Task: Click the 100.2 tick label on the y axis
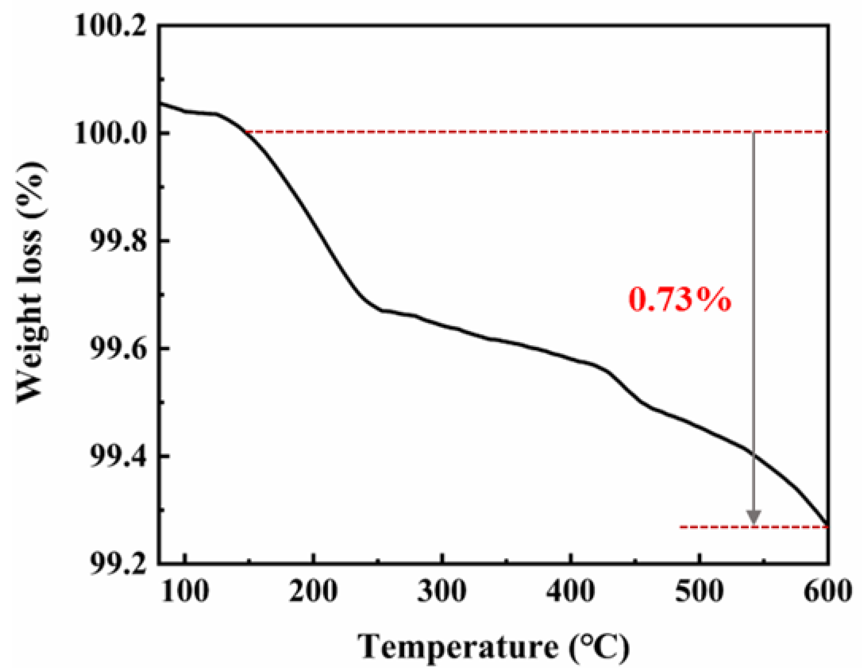[x=110, y=27]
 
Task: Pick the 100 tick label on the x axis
[x=185, y=591]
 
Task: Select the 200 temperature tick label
[x=313, y=591]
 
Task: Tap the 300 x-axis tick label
[x=442, y=591]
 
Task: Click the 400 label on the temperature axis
[x=571, y=591]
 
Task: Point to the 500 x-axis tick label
[x=699, y=591]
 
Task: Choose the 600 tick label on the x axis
[x=827, y=591]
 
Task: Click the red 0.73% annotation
[x=679, y=300]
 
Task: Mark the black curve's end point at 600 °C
[x=827, y=525]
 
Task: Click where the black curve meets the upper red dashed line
[x=247, y=132]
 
